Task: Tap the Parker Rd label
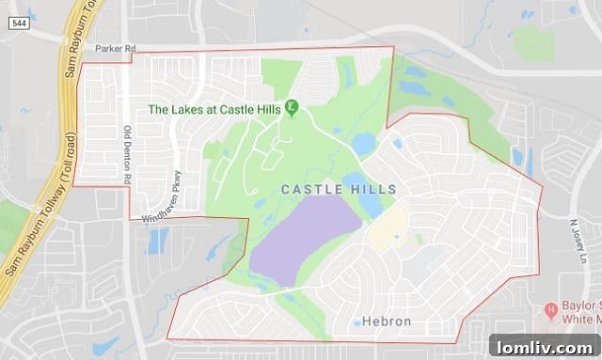tap(115, 47)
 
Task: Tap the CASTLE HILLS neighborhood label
tap(339, 190)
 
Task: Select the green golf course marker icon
tap(292, 108)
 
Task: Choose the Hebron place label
tap(387, 321)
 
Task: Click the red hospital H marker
tap(552, 309)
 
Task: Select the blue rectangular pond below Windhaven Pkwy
tap(158, 241)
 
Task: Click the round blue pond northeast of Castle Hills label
tap(364, 144)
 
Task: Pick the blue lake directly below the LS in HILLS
tap(370, 202)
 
